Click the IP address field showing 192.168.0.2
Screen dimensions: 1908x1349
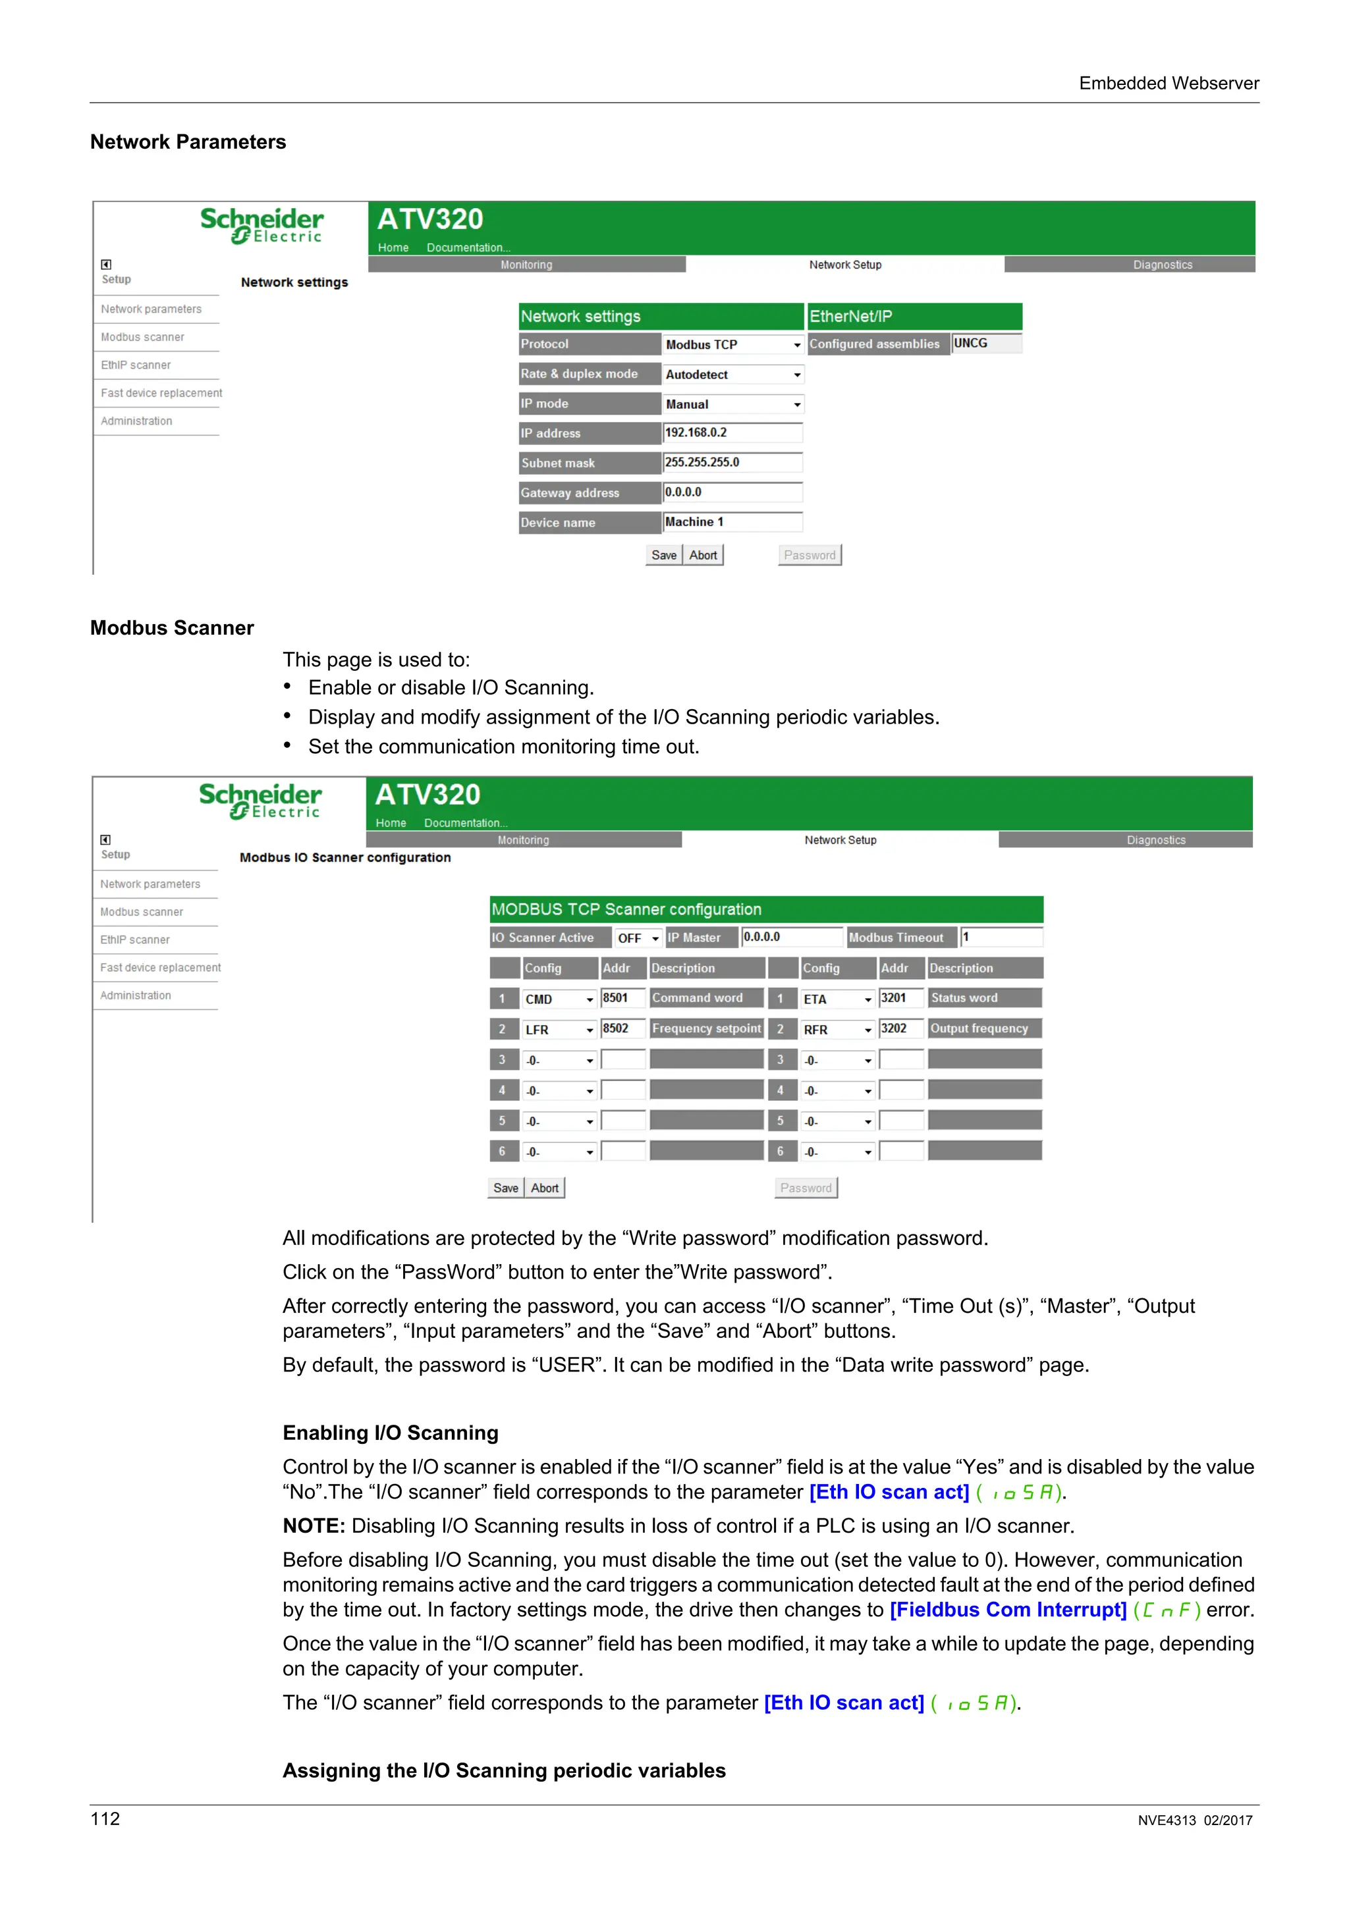(732, 433)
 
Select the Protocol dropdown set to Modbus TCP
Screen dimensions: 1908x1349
(733, 344)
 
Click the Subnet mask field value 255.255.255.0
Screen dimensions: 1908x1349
(732, 463)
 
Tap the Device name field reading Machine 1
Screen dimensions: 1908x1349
(732, 522)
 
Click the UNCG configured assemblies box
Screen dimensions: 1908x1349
(987, 343)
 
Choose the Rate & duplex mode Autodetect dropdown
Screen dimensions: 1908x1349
(733, 375)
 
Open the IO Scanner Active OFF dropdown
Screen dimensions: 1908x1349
(638, 938)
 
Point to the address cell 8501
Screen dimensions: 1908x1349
(622, 998)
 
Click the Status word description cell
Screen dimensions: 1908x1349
(984, 998)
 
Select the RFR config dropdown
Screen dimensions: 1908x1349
(837, 1030)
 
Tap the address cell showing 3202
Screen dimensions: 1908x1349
(901, 1029)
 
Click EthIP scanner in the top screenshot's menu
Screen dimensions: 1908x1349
(136, 365)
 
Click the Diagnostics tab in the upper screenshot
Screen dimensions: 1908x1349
(1162, 265)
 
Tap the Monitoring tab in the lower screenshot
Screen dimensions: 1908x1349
(523, 840)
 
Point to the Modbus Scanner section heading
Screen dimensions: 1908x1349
(172, 628)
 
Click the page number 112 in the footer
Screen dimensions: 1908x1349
(105, 1818)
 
